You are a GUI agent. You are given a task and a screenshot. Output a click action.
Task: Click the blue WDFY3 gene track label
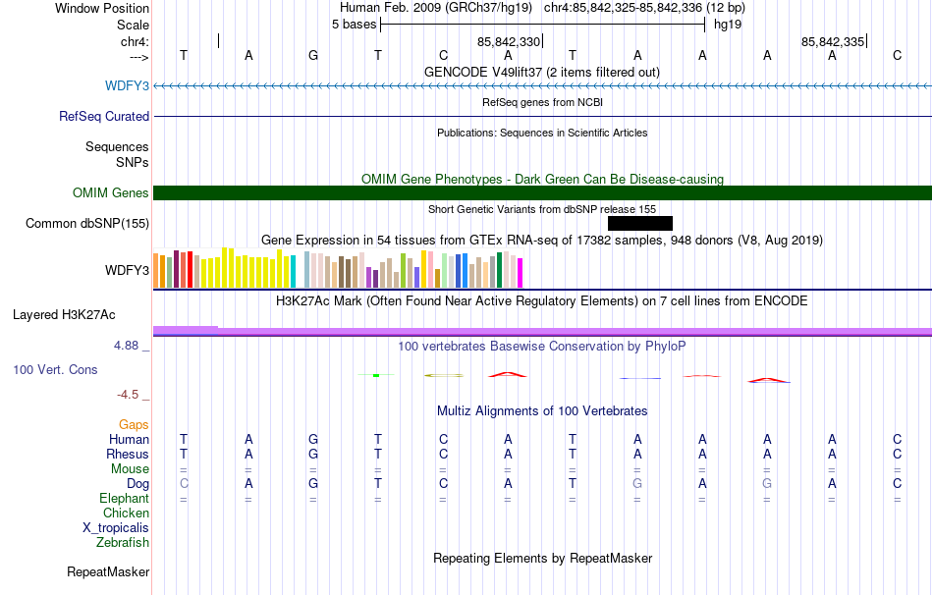(127, 85)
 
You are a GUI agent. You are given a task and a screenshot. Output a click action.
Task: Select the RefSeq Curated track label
(103, 116)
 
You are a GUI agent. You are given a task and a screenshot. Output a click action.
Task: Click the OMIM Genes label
(110, 192)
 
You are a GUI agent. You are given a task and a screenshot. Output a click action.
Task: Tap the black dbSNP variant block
(640, 223)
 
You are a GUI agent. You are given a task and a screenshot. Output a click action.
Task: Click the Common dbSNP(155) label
(86, 223)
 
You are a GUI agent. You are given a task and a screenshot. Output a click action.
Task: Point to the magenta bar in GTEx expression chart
(521, 273)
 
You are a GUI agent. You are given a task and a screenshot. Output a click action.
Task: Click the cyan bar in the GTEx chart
(293, 271)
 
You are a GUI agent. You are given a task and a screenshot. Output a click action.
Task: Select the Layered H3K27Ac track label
(64, 315)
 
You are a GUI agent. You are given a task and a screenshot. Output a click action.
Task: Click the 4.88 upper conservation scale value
(126, 346)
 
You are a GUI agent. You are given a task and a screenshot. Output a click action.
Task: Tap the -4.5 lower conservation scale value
(128, 395)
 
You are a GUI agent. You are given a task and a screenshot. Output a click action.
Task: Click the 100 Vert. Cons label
(55, 369)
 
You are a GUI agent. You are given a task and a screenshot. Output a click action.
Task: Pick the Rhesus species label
(128, 454)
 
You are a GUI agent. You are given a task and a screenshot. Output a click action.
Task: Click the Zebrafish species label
(123, 542)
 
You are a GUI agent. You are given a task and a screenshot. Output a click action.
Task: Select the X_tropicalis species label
(116, 528)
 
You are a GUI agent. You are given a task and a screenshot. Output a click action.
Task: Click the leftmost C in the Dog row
(184, 484)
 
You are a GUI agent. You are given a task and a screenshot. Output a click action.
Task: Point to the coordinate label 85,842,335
(833, 41)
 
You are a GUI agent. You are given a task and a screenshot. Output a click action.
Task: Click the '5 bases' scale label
(354, 25)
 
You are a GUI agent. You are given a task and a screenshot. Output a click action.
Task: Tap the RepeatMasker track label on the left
(108, 571)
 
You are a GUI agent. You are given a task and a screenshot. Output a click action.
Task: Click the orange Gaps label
(134, 424)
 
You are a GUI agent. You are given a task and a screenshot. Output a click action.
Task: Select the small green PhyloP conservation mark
(376, 375)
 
